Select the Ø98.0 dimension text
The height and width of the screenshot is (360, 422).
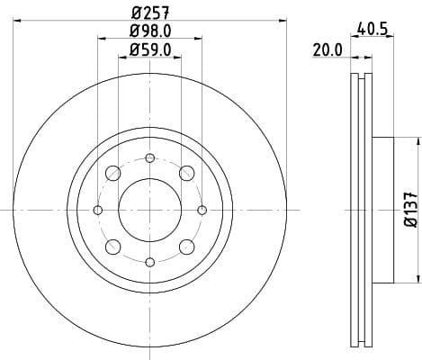149,33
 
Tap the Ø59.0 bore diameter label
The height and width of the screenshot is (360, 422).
149,51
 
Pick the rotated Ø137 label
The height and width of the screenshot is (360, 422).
409,209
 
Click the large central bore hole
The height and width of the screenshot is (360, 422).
149,210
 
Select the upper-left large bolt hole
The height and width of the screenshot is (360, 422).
113,174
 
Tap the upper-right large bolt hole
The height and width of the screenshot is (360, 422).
186,174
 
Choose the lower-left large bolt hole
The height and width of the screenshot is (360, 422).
113,247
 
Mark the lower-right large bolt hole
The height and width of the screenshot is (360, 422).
186,247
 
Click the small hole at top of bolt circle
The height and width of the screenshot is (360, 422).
149,158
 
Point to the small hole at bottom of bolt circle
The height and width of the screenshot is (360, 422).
149,262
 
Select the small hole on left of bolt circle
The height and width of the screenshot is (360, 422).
98,210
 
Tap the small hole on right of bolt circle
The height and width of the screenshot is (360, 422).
202,210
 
